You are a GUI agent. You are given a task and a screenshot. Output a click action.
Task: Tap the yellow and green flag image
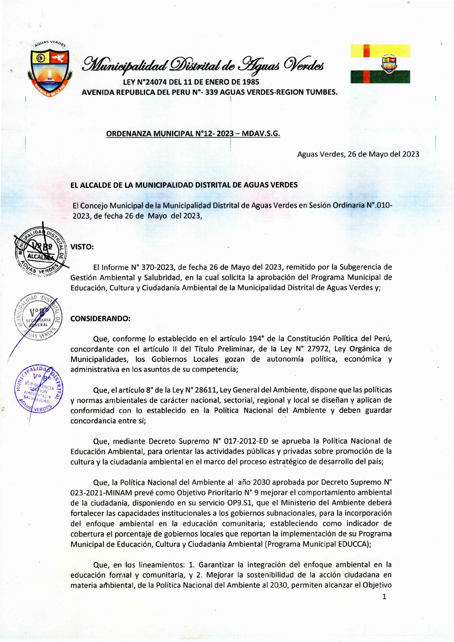click(x=380, y=64)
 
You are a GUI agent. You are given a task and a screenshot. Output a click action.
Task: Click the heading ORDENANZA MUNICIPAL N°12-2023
click(x=193, y=134)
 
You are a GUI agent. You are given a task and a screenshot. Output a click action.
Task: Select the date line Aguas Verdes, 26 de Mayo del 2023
click(x=358, y=154)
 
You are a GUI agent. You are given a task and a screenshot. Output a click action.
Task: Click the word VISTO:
click(x=82, y=247)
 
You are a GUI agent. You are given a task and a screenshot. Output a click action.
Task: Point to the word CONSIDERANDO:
click(x=100, y=318)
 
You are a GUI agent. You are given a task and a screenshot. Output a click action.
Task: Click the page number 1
click(x=384, y=597)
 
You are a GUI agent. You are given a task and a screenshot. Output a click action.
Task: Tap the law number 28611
click(x=201, y=390)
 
